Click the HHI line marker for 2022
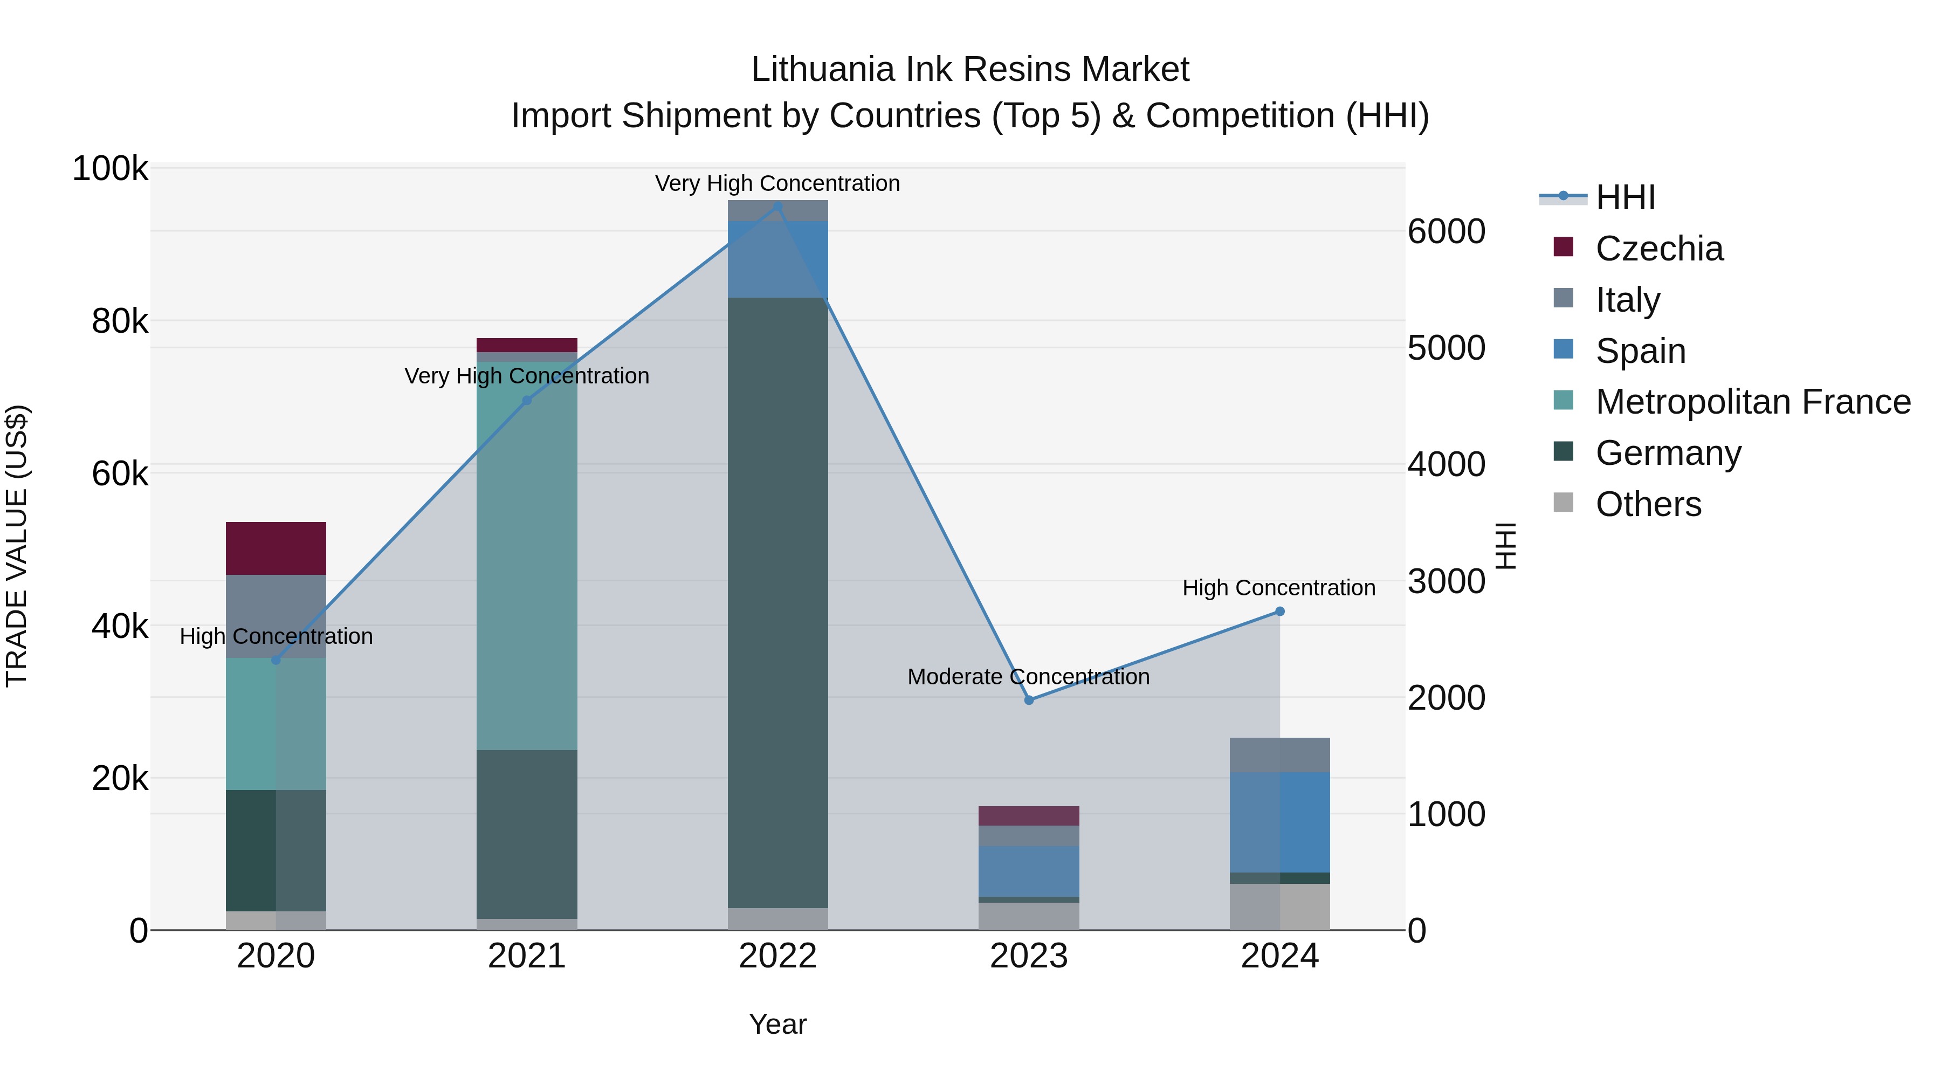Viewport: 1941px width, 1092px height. click(777, 206)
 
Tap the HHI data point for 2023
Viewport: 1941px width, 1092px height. click(1029, 700)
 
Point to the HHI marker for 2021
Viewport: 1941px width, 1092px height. click(527, 401)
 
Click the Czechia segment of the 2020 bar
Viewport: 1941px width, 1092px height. click(276, 548)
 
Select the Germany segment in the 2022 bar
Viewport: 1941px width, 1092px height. click(777, 603)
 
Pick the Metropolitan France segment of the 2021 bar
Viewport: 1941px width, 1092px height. click(527, 556)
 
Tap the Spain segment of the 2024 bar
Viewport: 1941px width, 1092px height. click(1279, 822)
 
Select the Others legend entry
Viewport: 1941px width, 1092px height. click(1648, 504)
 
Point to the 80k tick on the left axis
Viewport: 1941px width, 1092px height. click(120, 322)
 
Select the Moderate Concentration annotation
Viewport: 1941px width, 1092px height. click(1029, 677)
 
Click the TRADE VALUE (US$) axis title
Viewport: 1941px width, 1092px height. click(17, 546)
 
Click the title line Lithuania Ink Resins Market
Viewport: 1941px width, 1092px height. click(970, 70)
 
